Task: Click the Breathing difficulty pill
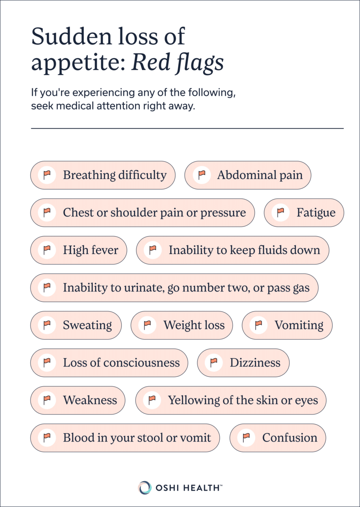103,175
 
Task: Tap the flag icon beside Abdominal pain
202,175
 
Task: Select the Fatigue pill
304,213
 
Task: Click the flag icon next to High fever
47,250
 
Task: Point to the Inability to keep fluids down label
244,250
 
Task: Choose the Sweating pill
76,325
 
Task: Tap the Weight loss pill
182,325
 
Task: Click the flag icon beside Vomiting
259,325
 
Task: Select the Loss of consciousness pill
109,363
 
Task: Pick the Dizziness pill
243,363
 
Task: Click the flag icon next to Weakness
47,400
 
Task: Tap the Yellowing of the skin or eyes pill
231,400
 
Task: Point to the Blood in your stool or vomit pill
125,438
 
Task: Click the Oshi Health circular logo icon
145,487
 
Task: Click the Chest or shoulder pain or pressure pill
143,213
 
